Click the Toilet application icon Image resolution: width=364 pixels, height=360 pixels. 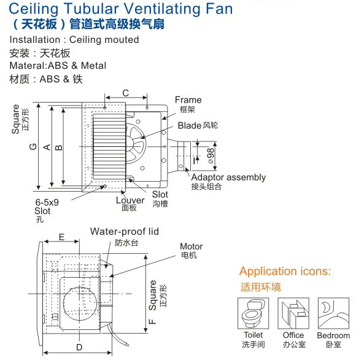254,313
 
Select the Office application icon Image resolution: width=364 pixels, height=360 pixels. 293,313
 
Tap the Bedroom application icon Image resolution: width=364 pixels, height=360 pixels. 333,313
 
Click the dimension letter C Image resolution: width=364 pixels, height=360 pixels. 126,93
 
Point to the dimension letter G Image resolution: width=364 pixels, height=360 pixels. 33,147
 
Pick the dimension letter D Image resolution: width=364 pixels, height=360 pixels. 79,347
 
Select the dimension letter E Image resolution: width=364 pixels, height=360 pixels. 61,237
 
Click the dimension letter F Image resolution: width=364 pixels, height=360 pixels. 152,321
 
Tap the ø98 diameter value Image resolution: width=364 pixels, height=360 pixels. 211,155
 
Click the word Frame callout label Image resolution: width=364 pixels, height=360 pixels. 188,100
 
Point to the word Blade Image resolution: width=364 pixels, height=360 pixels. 190,125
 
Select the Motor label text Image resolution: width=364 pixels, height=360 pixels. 192,246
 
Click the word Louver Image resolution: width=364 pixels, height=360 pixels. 130,200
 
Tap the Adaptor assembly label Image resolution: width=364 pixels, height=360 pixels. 228,178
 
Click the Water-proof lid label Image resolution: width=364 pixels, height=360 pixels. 125,232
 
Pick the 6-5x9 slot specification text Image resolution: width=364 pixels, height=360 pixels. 47,203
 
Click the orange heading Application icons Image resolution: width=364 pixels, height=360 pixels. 285,271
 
